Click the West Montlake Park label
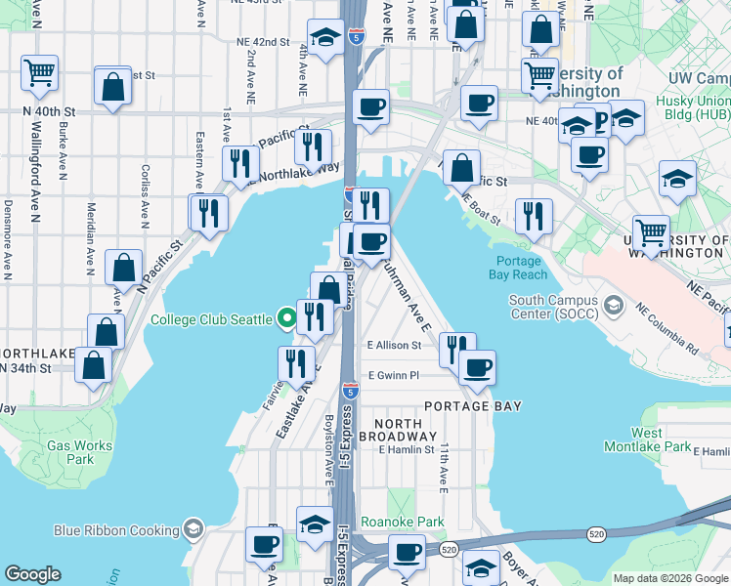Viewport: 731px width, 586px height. (661, 439)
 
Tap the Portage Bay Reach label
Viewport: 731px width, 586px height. (518, 268)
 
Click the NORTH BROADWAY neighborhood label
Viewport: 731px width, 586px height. (397, 428)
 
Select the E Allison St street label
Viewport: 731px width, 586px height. (394, 345)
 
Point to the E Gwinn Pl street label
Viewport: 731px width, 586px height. (393, 375)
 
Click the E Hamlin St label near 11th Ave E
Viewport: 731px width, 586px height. (407, 449)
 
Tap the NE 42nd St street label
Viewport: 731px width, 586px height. (263, 42)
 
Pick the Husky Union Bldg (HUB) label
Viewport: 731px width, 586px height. (699, 106)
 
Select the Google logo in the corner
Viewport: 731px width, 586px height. (33, 574)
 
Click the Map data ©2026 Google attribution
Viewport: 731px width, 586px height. (669, 578)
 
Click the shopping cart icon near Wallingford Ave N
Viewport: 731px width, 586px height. (39, 71)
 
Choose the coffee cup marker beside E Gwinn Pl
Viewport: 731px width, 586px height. (477, 367)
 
